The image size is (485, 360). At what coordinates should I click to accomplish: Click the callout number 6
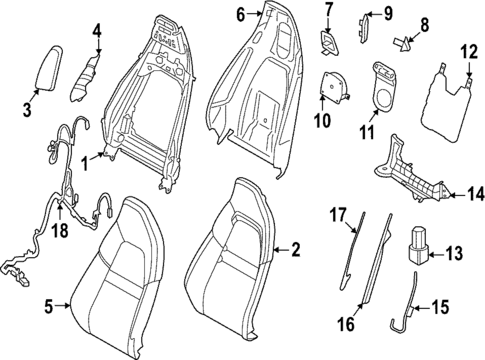239,14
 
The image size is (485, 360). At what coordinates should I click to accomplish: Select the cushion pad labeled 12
442,95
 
